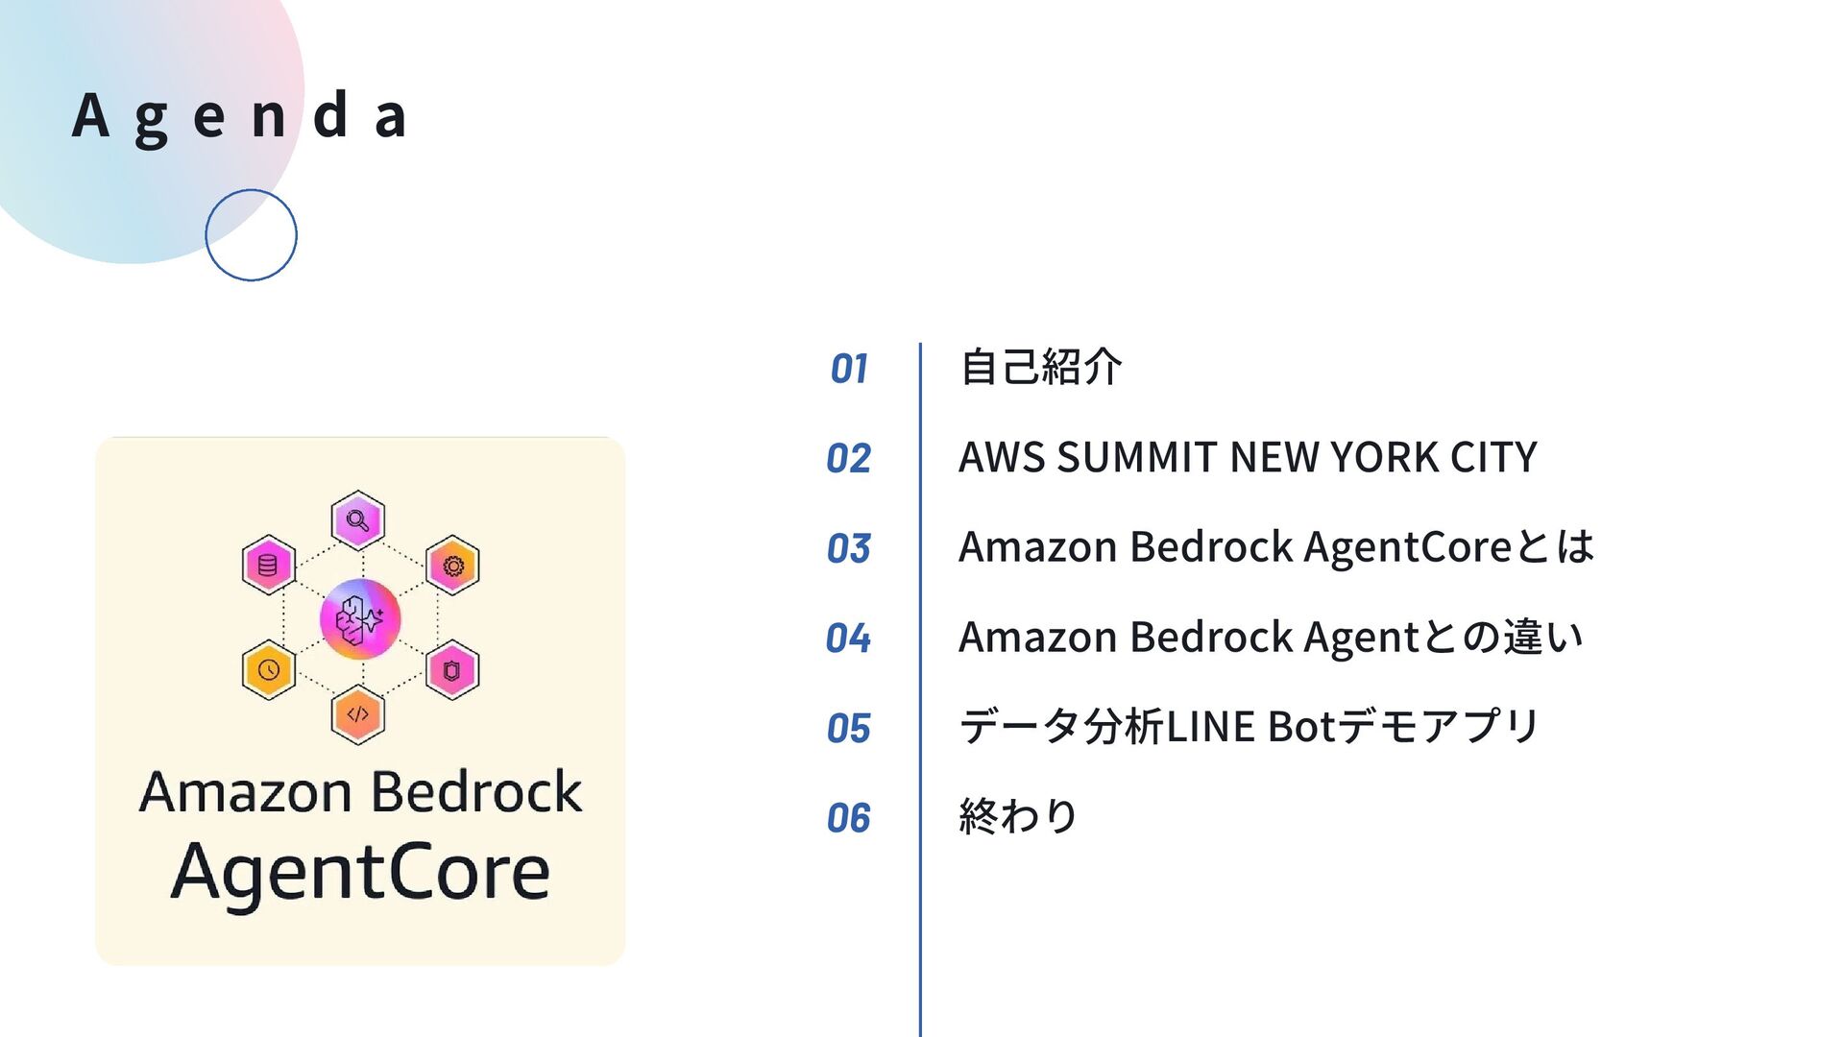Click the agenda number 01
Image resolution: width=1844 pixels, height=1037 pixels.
[849, 369]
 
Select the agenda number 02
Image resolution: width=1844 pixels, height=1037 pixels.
[849, 458]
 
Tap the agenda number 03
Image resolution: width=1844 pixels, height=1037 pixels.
[849, 548]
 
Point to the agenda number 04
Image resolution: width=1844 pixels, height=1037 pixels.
[849, 638]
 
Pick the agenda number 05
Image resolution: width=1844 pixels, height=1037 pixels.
[849, 728]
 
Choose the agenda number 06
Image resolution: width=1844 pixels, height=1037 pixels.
[849, 817]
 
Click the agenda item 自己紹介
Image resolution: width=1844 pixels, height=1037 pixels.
[1041, 367]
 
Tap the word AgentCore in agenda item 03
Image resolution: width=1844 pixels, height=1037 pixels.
[1407, 547]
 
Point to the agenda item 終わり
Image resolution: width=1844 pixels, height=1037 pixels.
[1018, 816]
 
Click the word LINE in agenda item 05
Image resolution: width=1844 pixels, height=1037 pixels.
[1210, 727]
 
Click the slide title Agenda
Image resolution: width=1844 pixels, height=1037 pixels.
[240, 116]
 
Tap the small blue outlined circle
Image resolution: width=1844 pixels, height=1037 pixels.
[251, 235]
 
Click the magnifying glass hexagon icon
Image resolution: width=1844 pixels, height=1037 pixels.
[358, 521]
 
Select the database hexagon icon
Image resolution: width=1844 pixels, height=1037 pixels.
[268, 565]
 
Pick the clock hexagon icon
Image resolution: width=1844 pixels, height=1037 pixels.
[268, 669]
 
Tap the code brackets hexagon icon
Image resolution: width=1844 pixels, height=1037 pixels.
[358, 714]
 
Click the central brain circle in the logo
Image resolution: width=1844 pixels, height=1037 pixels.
[360, 619]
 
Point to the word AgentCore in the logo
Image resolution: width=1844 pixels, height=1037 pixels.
[360, 872]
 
